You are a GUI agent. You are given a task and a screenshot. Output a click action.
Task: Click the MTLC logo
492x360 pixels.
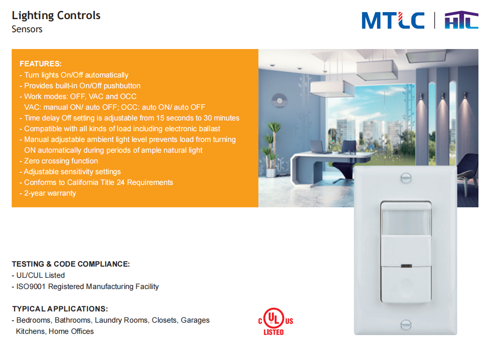[x=393, y=21]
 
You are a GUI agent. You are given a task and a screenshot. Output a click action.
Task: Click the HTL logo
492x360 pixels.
[x=461, y=20]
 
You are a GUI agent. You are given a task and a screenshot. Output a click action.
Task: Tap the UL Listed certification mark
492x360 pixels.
[x=276, y=322]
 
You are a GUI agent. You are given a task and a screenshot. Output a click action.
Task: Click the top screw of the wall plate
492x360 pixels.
[x=406, y=178]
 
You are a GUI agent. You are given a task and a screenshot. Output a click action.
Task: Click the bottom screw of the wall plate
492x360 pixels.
[x=406, y=325]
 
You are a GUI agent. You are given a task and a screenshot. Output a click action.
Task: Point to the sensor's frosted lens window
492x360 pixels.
[x=406, y=221]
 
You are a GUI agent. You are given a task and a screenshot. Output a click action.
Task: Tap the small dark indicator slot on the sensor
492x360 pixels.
[x=406, y=266]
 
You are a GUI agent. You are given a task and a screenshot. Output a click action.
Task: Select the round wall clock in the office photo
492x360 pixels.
[x=279, y=101]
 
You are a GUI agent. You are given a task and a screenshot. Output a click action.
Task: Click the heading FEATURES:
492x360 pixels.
[x=41, y=64]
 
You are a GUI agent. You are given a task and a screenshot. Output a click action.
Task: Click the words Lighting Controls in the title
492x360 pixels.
[x=56, y=15]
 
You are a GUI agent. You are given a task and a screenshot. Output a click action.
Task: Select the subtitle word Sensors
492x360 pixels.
[x=27, y=29]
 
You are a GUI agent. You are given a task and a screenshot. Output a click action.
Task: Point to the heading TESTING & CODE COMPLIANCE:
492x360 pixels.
[x=71, y=264]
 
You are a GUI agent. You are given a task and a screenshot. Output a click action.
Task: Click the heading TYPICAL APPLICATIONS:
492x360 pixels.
[x=60, y=309]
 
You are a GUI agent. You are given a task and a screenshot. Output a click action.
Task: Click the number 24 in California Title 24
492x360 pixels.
[x=121, y=183]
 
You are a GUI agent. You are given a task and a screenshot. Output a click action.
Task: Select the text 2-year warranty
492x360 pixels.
[x=50, y=193]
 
